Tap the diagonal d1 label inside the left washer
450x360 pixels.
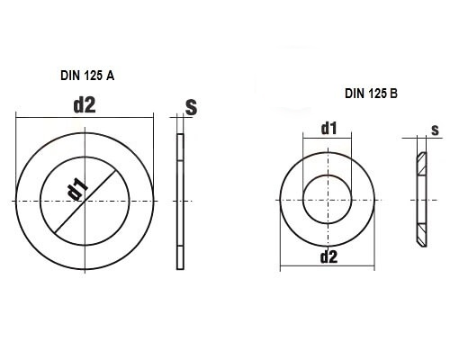[x=77, y=190]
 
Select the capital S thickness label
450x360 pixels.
[x=191, y=107]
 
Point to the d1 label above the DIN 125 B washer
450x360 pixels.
[x=328, y=129]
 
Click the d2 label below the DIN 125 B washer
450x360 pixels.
[x=328, y=257]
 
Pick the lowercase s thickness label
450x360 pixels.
[x=435, y=130]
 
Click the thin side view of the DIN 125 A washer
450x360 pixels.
[x=180, y=201]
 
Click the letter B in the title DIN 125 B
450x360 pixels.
[x=393, y=94]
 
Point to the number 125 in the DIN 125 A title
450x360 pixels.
[x=93, y=76]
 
